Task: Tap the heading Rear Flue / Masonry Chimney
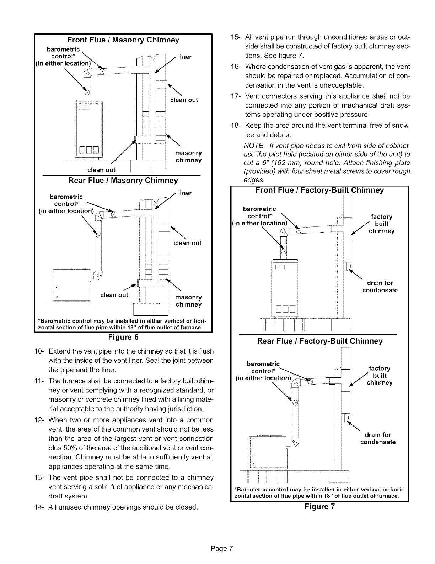pos(123,181)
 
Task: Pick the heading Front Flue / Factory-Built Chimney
pos(319,190)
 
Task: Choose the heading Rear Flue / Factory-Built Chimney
pos(319,341)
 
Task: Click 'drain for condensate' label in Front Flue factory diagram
pos(380,287)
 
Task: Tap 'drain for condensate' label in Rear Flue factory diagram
pos(378,438)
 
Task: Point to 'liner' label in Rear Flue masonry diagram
pos(185,193)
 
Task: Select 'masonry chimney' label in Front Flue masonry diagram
pos(189,157)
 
